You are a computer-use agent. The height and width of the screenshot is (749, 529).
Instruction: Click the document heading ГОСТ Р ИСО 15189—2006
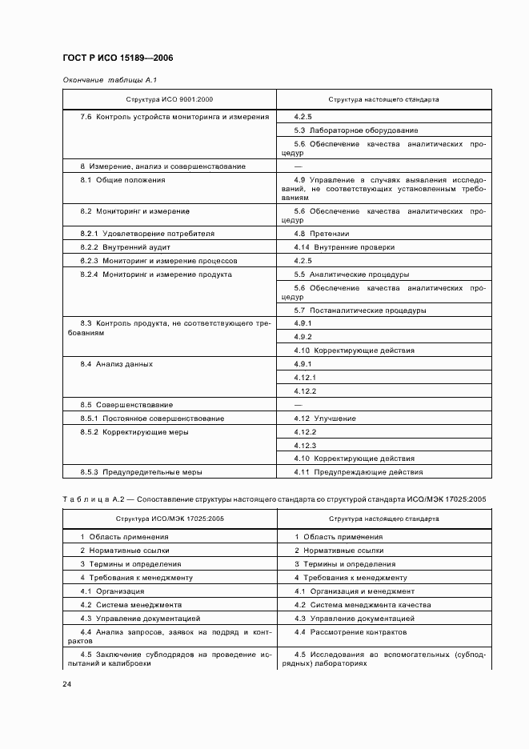click(x=118, y=58)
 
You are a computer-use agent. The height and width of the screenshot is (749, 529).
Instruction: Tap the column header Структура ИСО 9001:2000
click(x=170, y=101)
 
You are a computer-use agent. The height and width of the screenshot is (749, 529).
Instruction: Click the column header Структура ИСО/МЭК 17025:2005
click(x=170, y=519)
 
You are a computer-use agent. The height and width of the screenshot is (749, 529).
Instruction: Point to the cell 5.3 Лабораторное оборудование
click(x=355, y=130)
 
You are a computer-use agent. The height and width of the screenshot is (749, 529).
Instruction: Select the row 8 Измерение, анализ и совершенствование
click(x=162, y=166)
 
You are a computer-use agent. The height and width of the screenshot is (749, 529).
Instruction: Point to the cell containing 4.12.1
click(x=305, y=378)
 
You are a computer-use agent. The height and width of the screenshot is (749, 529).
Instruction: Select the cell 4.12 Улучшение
click(x=325, y=419)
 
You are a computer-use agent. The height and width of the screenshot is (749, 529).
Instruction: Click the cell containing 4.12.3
click(x=305, y=445)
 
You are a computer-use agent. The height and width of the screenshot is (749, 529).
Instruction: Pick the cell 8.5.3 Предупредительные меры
click(x=141, y=472)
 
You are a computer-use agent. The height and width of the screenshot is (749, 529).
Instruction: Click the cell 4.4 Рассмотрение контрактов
click(x=350, y=632)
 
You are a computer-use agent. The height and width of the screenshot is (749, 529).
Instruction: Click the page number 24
click(x=67, y=683)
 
